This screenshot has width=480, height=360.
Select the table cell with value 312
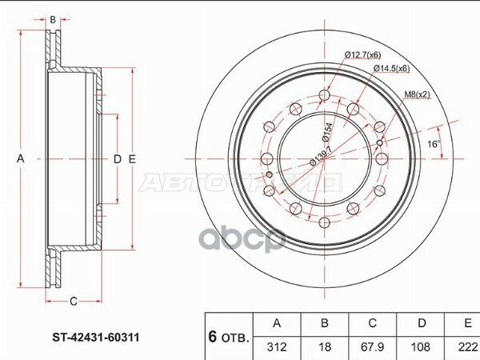point(277,348)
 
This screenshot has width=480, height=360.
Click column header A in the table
point(277,324)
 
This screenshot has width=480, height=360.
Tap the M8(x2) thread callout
point(416,94)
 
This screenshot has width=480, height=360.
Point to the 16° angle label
point(433,145)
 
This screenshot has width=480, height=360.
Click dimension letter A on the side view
point(21,159)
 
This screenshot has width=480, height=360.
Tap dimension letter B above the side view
point(53,18)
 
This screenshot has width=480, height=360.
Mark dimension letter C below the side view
point(73,302)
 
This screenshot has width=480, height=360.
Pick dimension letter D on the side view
point(117,159)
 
